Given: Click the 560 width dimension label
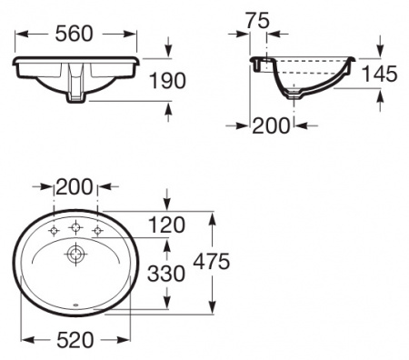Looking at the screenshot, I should tap(75, 34).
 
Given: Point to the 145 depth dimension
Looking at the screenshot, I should tap(379, 75).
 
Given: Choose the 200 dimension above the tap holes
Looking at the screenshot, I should tap(75, 187).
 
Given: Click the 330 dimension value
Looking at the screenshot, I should tap(166, 273).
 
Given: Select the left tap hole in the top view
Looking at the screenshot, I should tap(53, 227).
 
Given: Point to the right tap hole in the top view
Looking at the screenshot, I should tap(95, 227).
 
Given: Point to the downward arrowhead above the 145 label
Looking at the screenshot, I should tap(379, 54).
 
